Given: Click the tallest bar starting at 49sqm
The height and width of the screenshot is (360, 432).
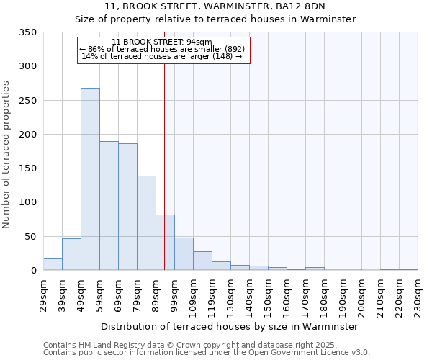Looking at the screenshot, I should click(90, 179).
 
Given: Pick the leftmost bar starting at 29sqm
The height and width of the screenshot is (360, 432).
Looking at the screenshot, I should click(53, 264).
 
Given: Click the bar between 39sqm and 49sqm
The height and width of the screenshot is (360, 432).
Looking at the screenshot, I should click(71, 254).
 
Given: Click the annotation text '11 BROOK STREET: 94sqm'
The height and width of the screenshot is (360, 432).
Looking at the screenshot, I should click(162, 42).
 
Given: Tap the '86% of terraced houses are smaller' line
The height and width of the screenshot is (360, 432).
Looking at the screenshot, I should click(162, 49).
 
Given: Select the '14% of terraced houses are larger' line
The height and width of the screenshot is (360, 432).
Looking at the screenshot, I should click(162, 56).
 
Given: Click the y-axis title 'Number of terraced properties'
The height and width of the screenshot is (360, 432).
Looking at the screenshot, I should click(7, 155).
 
